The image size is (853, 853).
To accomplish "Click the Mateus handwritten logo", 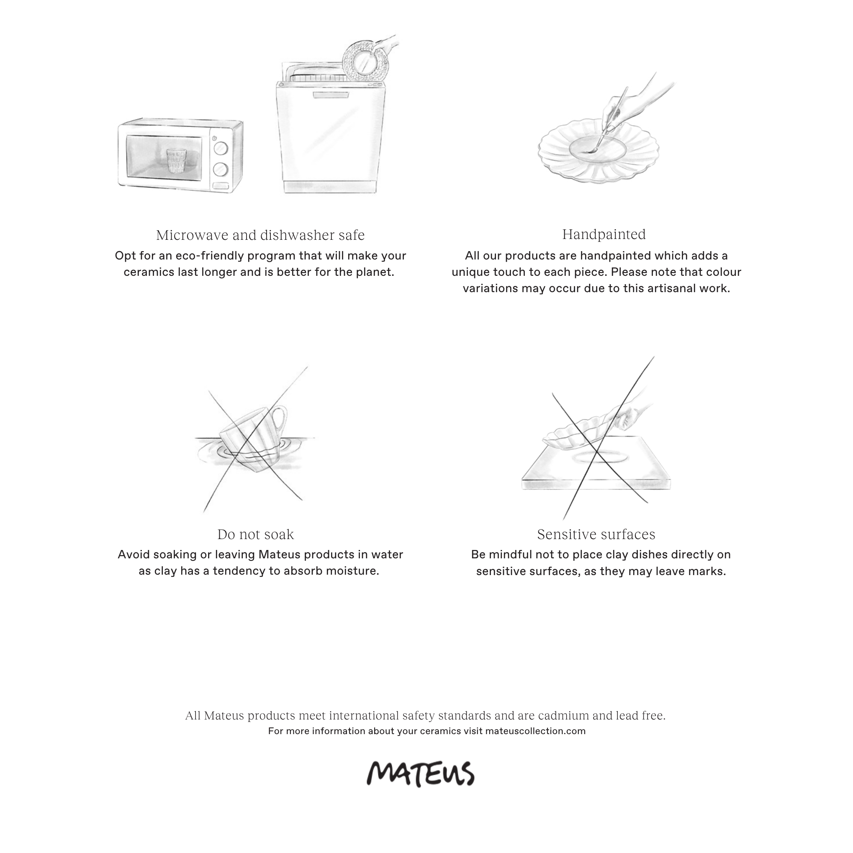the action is (x=420, y=773).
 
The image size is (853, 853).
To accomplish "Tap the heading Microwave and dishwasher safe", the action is (x=260, y=235).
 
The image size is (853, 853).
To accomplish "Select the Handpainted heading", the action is (x=604, y=234).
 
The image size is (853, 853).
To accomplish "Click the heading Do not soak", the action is (x=255, y=534).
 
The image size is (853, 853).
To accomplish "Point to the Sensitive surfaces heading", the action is (x=596, y=534).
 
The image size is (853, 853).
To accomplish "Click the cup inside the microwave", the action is (x=177, y=161).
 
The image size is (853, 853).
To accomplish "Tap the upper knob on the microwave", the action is (x=220, y=148).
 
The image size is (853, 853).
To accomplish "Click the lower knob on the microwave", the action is (x=220, y=169).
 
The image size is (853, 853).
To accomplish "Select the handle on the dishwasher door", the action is (x=331, y=95).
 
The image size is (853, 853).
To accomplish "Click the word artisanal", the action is (x=669, y=288).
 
